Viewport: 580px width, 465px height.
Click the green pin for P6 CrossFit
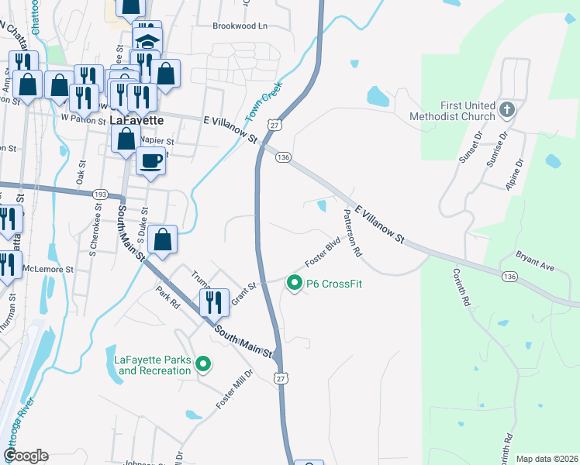(x=294, y=284)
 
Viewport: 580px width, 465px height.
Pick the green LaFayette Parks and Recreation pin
(x=203, y=363)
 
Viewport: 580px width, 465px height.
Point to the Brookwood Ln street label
(x=240, y=26)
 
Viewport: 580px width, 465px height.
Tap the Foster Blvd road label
(x=323, y=253)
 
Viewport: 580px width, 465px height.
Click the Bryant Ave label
(x=536, y=261)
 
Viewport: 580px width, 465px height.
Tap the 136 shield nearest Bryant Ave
(x=509, y=276)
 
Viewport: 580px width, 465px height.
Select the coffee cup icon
(x=150, y=161)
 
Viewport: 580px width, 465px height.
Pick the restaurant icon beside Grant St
(x=214, y=301)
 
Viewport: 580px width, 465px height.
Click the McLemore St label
(x=47, y=270)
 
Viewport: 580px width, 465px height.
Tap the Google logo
(x=25, y=456)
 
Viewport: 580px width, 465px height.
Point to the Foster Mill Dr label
(x=234, y=390)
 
